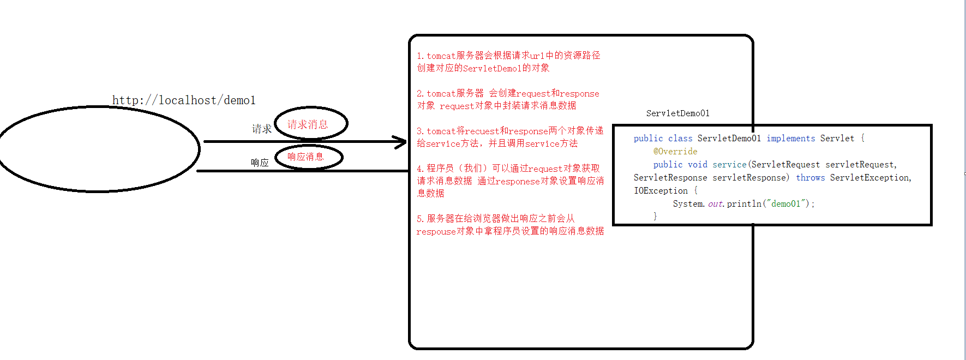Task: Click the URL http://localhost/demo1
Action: [x=184, y=100]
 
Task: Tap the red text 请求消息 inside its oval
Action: [x=308, y=124]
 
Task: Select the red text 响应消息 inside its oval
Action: [x=305, y=157]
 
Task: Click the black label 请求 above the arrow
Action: [x=262, y=129]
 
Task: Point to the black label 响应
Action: [x=260, y=163]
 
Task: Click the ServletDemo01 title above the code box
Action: [x=677, y=113]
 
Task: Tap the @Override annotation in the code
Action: [x=675, y=152]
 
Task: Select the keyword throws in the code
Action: [x=810, y=178]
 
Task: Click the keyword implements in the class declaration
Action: [x=790, y=139]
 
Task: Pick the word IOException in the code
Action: [x=661, y=191]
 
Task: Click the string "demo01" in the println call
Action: [x=785, y=204]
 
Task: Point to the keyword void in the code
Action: [x=697, y=165]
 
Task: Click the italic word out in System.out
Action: [x=715, y=204]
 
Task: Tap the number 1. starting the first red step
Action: [x=421, y=56]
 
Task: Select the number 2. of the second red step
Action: [x=421, y=94]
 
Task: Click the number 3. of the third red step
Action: [x=421, y=131]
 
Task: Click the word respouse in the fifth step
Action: [x=436, y=232]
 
